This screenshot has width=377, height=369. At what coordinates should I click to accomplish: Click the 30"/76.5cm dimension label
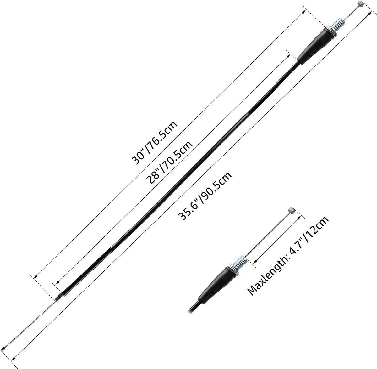154,143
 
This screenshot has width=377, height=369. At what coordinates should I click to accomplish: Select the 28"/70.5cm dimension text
170,162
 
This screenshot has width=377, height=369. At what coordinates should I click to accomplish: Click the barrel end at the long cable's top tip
361,4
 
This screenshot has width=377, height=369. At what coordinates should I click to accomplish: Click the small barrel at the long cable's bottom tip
3,349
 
